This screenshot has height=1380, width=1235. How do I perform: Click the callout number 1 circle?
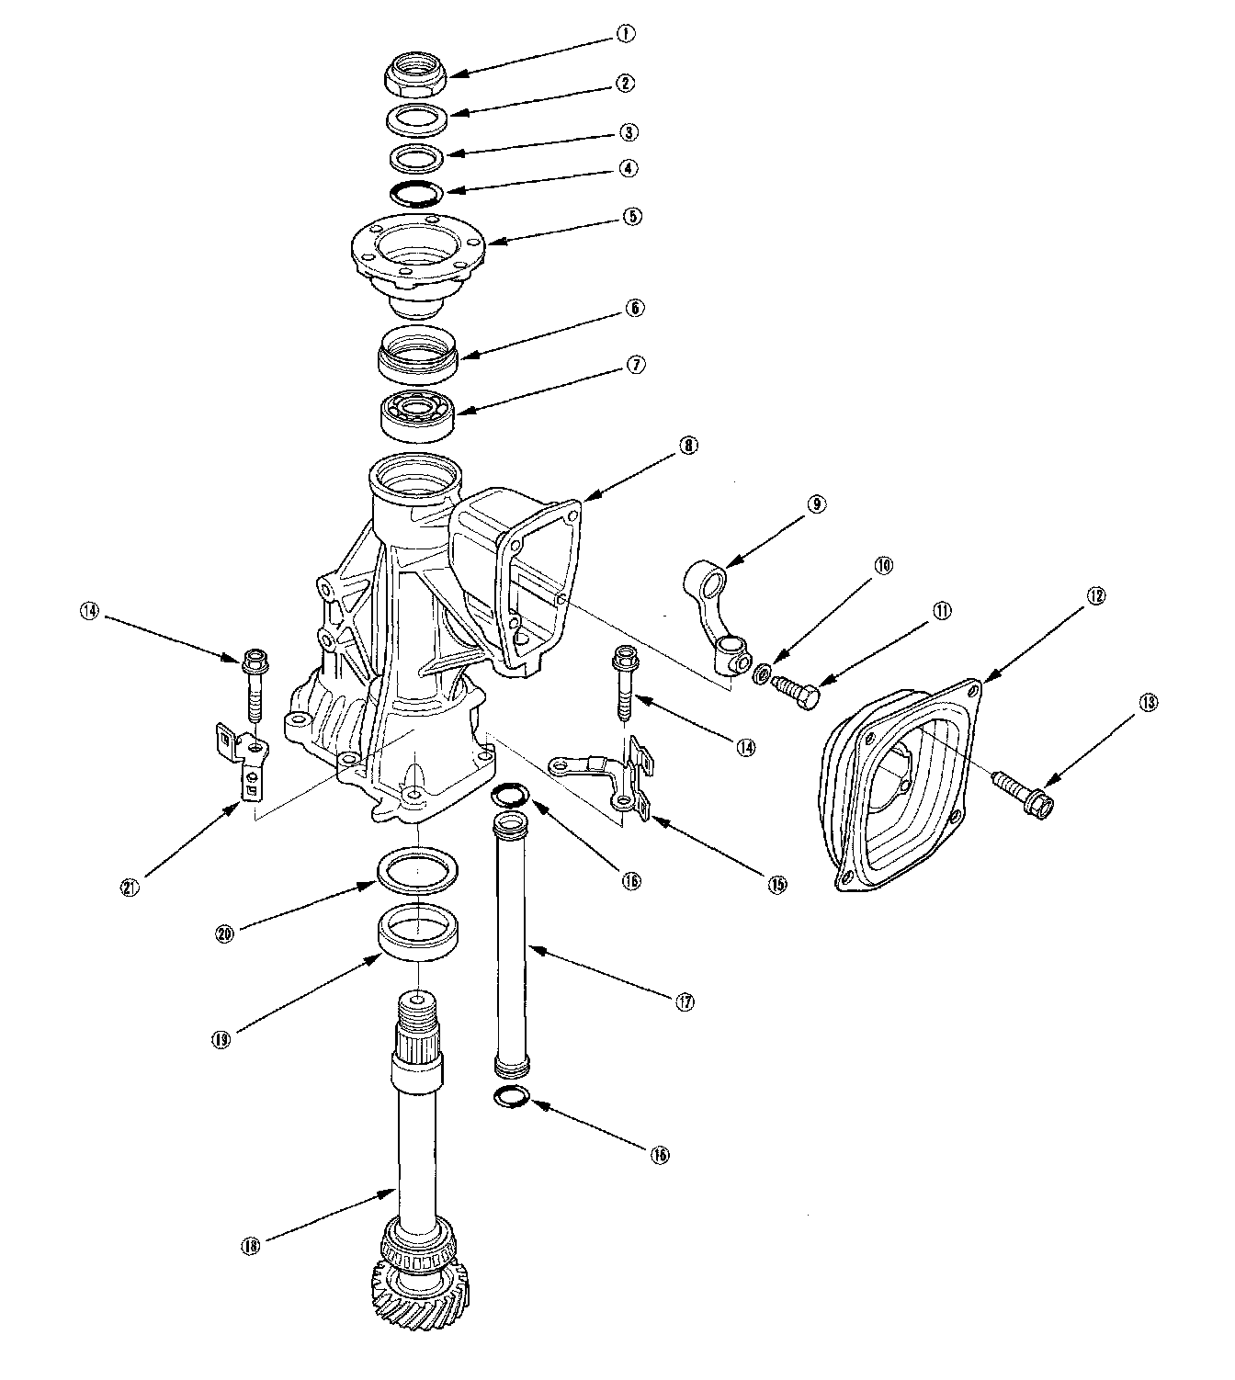625,34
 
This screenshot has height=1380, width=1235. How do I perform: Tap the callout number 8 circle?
689,446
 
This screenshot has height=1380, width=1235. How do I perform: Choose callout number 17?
684,1002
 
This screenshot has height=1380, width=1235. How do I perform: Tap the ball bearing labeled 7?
418,418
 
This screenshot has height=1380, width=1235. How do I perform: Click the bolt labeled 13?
1018,788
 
